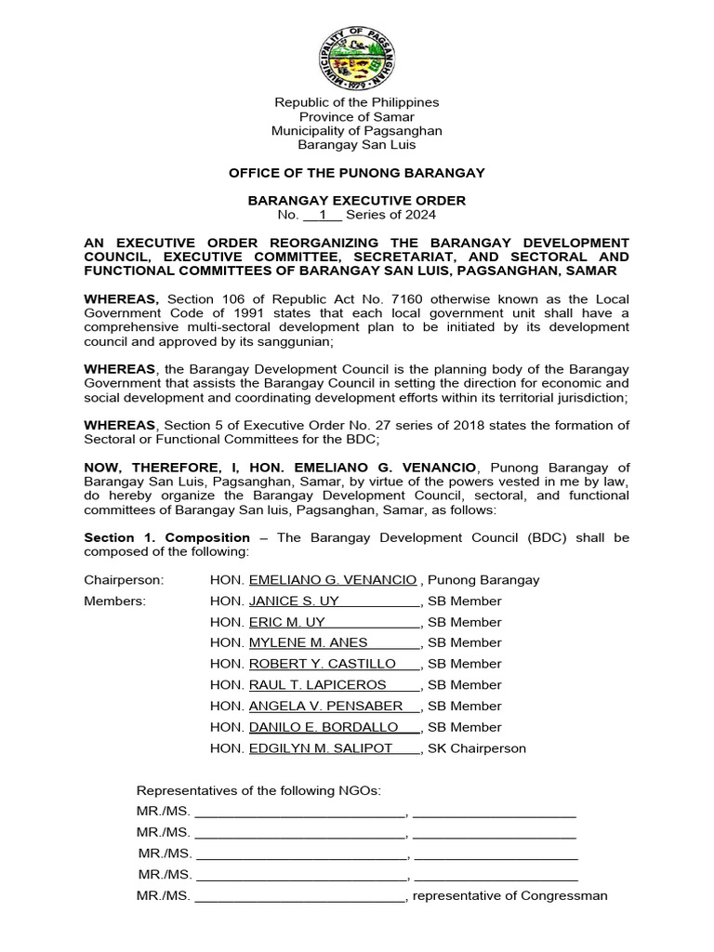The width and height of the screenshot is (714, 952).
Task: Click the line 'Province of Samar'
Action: (357, 117)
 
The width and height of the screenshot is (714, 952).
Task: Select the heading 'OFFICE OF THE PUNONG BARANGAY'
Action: (357, 173)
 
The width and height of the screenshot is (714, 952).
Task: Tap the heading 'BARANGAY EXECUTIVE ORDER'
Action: (357, 201)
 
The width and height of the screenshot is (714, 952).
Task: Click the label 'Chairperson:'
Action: (124, 580)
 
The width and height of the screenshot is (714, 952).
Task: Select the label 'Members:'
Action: (115, 601)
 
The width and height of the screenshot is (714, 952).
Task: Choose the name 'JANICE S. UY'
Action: (287, 601)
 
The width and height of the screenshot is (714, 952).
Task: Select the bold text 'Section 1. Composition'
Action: (167, 537)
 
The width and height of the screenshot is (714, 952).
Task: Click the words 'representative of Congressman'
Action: (509, 896)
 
